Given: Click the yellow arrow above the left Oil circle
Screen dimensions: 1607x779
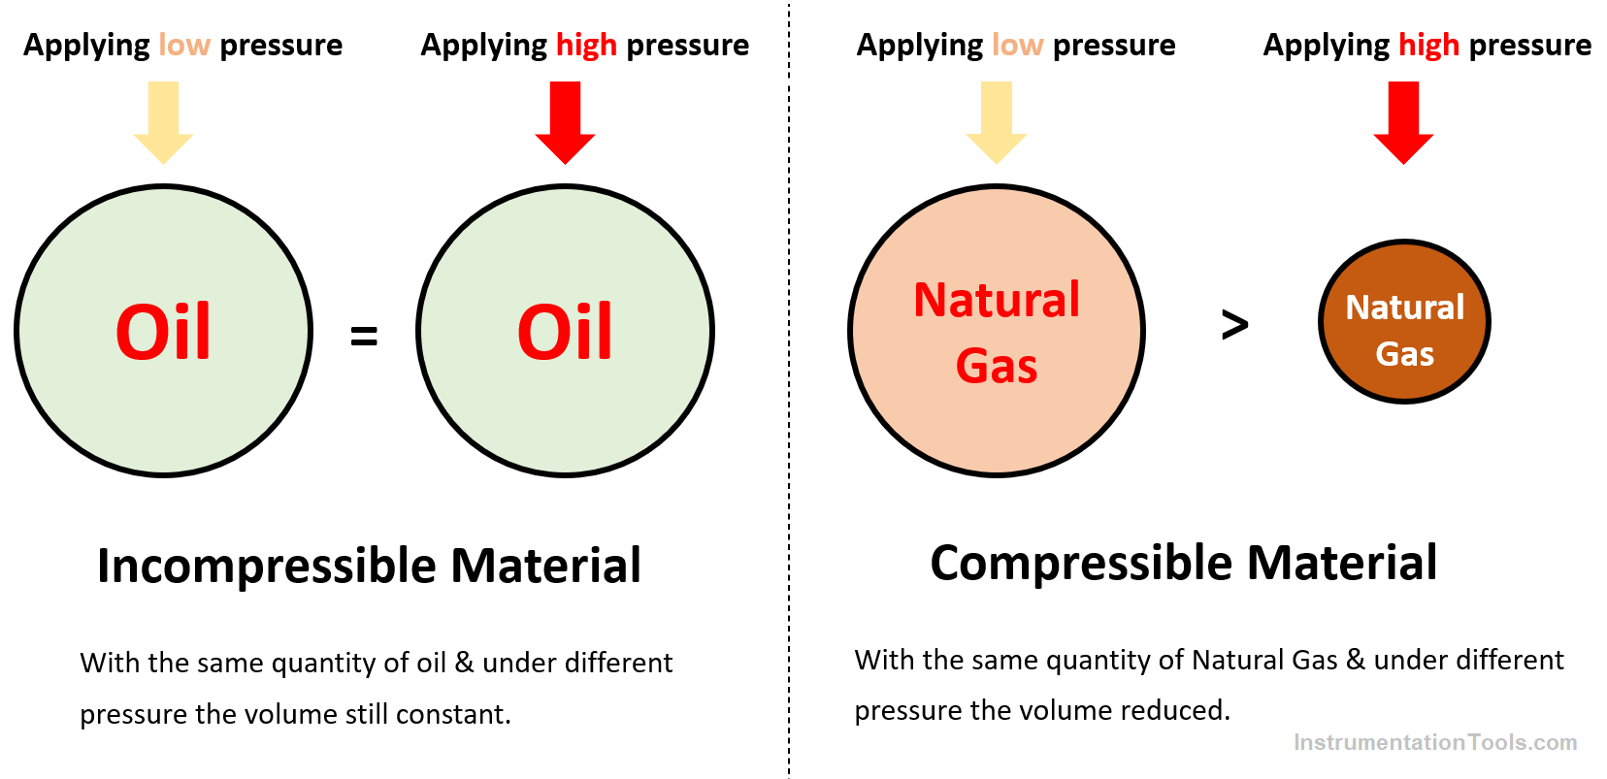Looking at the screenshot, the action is [x=164, y=122].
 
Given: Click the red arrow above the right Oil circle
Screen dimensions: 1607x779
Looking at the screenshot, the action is [x=566, y=122].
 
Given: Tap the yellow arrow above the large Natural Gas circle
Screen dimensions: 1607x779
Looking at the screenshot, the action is [x=997, y=122].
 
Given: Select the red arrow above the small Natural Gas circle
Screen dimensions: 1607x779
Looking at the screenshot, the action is [x=1404, y=122].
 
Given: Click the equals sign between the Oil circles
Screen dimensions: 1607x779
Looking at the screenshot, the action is [x=364, y=335].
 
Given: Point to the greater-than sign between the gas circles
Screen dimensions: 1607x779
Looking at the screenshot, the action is [x=1234, y=325].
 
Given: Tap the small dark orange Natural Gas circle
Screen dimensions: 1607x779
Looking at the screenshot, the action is [x=1405, y=321].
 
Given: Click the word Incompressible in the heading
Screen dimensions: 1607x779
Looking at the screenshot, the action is [x=267, y=566].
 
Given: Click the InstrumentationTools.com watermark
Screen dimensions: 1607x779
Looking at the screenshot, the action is [x=1435, y=742].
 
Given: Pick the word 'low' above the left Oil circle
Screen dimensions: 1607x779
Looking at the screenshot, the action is [x=184, y=45].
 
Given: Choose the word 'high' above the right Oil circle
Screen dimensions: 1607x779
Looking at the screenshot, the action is [x=586, y=46].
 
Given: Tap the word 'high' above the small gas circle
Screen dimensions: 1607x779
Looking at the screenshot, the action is [x=1429, y=46].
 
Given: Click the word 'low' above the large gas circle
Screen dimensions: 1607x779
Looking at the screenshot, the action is [x=1017, y=45].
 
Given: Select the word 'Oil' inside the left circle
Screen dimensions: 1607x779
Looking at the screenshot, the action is [x=164, y=332].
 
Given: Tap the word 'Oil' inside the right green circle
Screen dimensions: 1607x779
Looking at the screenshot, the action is [x=566, y=332].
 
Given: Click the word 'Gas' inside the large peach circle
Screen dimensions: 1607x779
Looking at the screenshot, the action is [x=997, y=366].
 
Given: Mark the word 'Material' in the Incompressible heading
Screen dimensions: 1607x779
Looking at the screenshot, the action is [x=546, y=566].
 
